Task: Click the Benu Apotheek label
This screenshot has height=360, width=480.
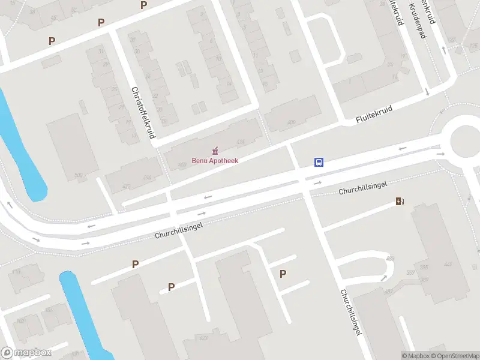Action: (215, 161)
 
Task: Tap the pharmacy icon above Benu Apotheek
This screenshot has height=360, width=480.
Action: (215, 150)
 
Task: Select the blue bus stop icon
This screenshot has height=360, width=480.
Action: (319, 162)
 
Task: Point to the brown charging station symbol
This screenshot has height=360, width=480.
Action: (399, 202)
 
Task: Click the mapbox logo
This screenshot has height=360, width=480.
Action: (26, 353)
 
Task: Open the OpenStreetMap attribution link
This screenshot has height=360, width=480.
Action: (455, 356)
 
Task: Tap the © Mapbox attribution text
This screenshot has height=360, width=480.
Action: (415, 356)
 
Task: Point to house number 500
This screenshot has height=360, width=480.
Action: (78, 175)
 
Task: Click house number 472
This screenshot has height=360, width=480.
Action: (126, 187)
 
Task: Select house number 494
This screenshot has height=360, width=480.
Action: (147, 178)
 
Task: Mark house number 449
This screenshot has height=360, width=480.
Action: (448, 265)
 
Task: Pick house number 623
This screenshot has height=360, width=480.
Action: (204, 338)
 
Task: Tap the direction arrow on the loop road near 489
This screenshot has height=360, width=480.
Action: (383, 278)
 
